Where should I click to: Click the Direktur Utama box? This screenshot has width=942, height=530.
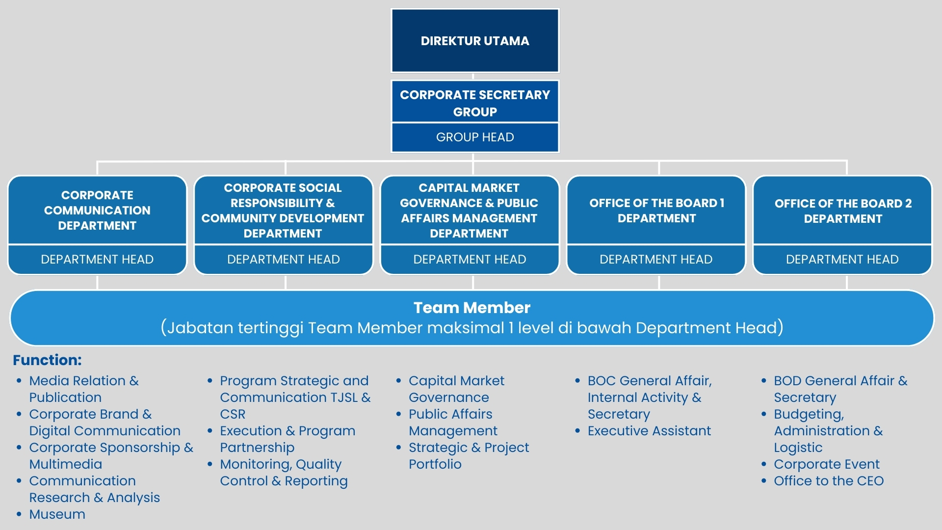coord(474,41)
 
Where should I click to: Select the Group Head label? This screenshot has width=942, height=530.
coord(474,137)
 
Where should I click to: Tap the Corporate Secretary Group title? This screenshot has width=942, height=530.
coord(474,103)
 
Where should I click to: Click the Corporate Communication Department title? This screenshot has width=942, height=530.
coord(97,210)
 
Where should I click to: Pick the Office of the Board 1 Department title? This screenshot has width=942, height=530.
coord(656,211)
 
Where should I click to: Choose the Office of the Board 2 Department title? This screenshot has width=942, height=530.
coord(842,211)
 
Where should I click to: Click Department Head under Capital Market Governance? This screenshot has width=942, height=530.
coord(470,259)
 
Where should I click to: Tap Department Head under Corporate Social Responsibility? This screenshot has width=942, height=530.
coord(283,259)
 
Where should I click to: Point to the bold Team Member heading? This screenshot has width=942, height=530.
coord(471,308)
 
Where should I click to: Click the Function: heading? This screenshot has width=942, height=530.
coord(47,360)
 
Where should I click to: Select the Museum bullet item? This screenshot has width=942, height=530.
coord(57,514)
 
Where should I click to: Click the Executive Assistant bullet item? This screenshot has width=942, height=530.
coord(649,431)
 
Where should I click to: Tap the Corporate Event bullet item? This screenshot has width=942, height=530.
coord(826,464)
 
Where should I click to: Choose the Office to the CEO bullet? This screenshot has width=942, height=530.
coord(828,481)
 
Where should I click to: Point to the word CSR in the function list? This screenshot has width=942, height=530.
coord(233,414)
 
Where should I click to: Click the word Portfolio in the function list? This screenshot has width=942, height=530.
coord(435,464)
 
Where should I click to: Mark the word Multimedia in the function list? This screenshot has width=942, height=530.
coord(65,464)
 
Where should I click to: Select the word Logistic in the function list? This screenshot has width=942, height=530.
coord(798,448)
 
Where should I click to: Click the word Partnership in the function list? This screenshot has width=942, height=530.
coord(257,448)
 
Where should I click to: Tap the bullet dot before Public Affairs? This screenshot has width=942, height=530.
coord(398,414)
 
